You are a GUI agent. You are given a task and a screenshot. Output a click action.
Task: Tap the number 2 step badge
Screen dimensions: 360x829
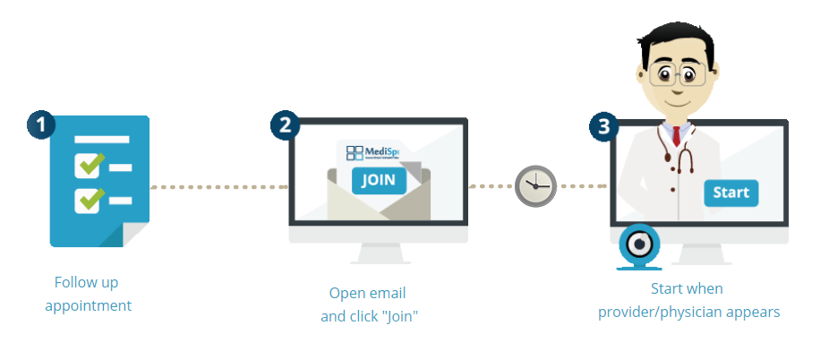(x=285, y=125)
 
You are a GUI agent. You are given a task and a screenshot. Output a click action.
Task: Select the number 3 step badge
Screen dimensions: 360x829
(x=603, y=125)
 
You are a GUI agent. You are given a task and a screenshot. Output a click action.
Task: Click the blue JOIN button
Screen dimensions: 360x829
(x=379, y=180)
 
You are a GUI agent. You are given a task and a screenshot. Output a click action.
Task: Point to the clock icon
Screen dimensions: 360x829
(x=535, y=186)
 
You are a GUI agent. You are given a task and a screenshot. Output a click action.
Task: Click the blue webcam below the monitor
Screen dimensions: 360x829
(x=639, y=244)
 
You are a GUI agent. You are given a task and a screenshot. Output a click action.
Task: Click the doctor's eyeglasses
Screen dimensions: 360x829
(x=677, y=75)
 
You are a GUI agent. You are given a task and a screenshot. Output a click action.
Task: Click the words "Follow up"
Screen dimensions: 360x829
(x=86, y=282)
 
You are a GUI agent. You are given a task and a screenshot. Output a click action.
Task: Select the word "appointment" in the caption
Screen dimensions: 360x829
(x=88, y=305)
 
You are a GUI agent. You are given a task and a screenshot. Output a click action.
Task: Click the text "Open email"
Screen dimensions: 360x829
(x=367, y=293)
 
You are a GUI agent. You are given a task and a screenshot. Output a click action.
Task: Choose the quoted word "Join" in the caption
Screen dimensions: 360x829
(x=399, y=316)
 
